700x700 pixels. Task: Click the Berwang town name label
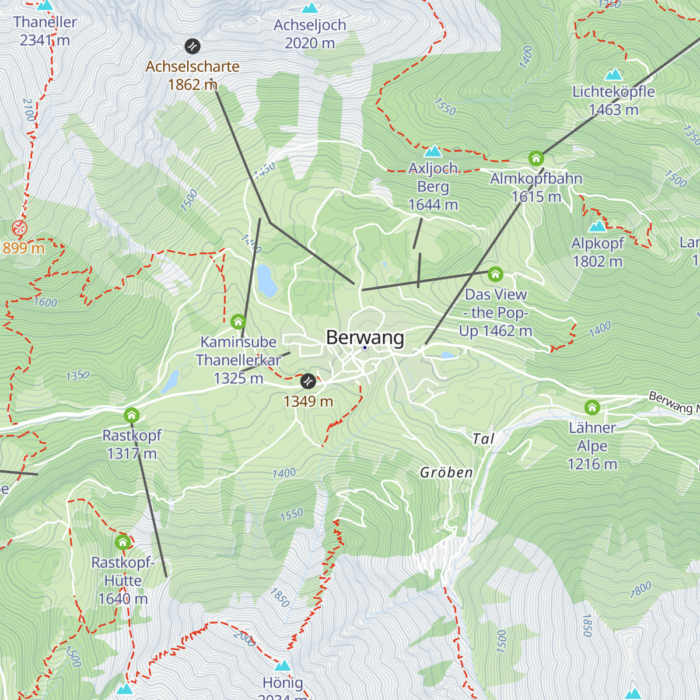click(365, 337)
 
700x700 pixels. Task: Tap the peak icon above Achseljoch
click(310, 8)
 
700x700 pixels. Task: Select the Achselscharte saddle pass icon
click(192, 46)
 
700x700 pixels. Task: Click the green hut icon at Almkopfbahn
click(536, 158)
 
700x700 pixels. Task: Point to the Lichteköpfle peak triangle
click(614, 75)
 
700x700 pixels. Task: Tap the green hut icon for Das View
click(495, 274)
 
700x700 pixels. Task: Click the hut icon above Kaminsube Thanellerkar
click(238, 321)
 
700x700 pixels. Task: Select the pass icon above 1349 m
click(308, 381)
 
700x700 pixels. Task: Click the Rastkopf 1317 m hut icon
click(132, 415)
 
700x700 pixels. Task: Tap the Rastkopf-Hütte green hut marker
click(123, 542)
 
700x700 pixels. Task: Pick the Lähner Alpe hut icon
click(592, 407)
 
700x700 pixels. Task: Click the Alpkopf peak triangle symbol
click(597, 226)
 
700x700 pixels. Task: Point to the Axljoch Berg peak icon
click(433, 152)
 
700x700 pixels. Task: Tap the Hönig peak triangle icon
click(283, 666)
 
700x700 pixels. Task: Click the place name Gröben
click(446, 473)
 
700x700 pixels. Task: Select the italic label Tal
click(484, 439)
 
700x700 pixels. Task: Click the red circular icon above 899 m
click(20, 228)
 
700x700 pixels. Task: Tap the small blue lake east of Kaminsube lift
click(267, 281)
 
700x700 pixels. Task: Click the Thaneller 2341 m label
click(45, 31)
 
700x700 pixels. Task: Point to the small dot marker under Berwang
click(365, 348)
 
